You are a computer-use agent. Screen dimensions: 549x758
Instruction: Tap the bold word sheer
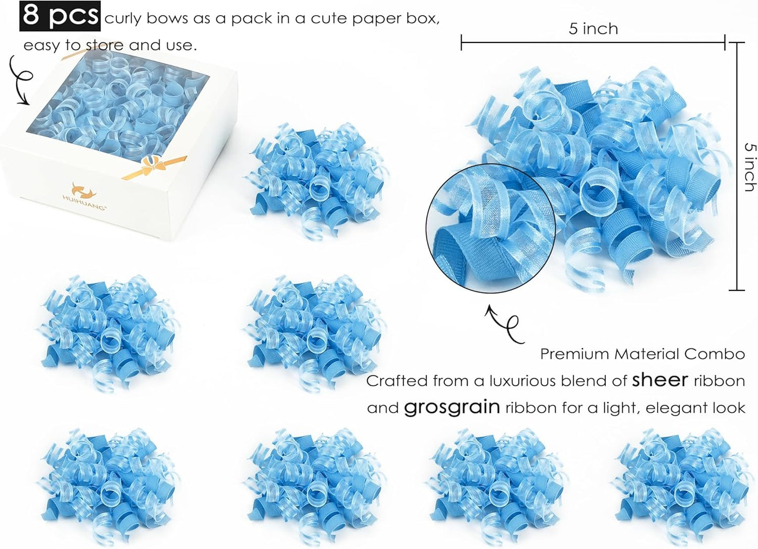click(x=659, y=380)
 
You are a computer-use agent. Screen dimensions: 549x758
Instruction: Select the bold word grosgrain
click(x=452, y=407)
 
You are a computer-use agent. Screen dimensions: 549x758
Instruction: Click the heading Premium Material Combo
click(x=642, y=354)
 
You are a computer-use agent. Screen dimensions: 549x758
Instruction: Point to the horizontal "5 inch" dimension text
click(x=593, y=28)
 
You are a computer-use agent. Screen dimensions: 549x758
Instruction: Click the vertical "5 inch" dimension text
click(x=750, y=167)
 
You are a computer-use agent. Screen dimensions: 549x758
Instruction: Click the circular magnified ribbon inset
click(x=490, y=229)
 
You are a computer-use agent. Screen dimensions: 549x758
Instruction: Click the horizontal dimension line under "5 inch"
click(x=593, y=42)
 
